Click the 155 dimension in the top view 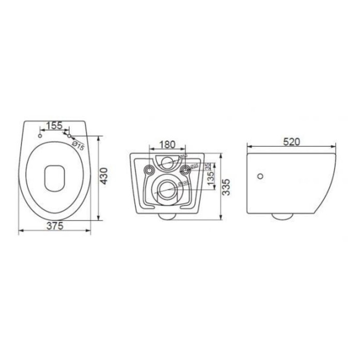54,126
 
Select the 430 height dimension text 104,176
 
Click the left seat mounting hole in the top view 40,135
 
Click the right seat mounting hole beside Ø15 68,135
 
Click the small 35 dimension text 207,167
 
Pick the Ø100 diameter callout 182,184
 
